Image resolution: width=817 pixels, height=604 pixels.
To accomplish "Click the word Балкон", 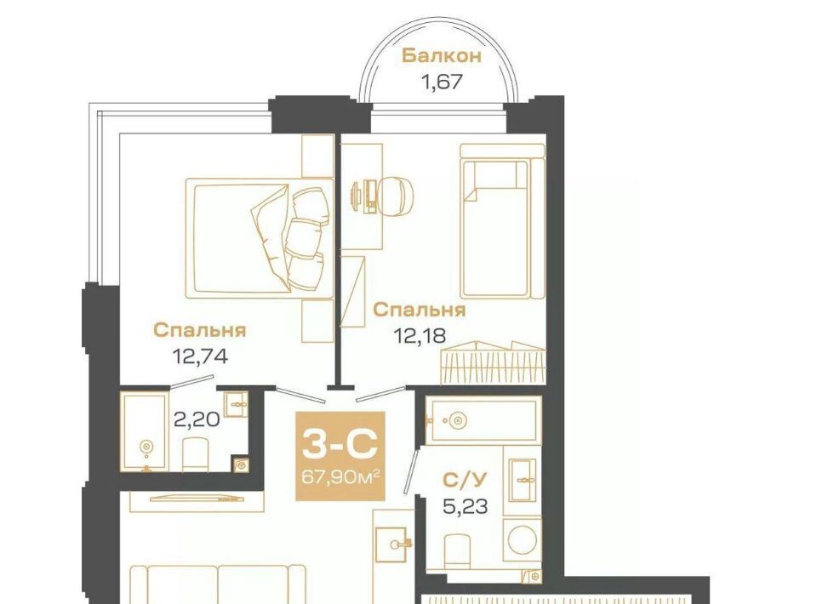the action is click(442, 55).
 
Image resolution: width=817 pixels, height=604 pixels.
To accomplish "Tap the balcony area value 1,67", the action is click(442, 82).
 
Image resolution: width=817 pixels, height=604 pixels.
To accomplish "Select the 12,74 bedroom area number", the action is click(200, 356).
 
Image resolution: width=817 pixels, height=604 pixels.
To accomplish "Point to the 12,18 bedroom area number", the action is click(420, 336).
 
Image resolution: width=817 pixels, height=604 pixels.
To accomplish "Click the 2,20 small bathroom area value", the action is click(196, 419).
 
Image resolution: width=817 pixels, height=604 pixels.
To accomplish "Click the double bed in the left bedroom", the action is click(259, 238).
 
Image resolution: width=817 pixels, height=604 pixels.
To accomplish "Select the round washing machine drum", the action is click(522, 540).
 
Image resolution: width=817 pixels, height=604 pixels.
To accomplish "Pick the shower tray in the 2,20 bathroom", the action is click(145, 431).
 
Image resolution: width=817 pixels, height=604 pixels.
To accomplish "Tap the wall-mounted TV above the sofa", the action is click(197, 499).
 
